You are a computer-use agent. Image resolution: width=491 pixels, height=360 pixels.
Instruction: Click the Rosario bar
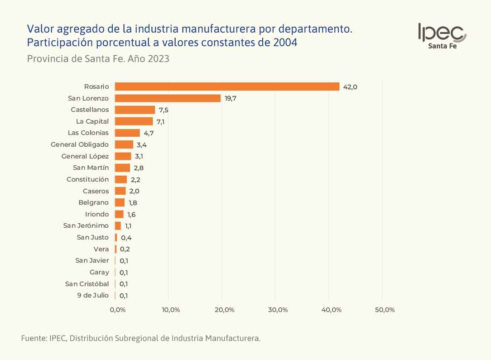pos(227,86)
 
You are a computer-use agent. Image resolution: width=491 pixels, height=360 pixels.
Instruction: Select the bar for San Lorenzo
pos(168,98)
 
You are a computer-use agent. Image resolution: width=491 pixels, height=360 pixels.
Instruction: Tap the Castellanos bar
pos(135,110)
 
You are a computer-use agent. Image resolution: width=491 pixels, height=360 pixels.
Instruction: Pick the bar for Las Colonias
pos(127,133)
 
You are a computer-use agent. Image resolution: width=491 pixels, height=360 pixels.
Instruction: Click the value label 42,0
pos(350,87)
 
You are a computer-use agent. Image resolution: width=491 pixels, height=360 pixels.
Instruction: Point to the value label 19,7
pos(231,98)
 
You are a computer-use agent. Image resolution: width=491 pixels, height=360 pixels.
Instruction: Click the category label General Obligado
pos(80,144)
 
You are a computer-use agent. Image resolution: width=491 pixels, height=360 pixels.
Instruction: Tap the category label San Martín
pos(91,168)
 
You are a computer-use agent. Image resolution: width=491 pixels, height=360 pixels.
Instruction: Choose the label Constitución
pos(87,179)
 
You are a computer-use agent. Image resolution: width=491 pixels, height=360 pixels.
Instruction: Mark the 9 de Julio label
pos(93,295)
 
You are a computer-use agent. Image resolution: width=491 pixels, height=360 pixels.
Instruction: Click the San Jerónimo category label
pos(86,226)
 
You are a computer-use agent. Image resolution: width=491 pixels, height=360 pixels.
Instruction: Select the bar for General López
pos(123,156)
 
